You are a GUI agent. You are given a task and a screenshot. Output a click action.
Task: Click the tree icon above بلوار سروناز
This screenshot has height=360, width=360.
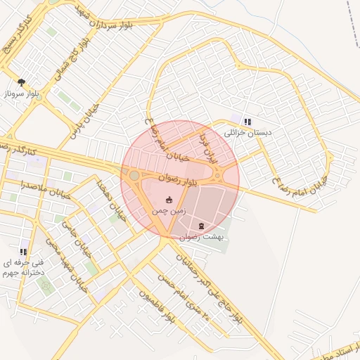22,82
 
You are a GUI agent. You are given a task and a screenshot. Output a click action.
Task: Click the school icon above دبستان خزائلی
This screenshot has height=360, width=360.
247,121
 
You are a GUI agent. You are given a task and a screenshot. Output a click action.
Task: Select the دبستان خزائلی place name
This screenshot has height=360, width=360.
247,131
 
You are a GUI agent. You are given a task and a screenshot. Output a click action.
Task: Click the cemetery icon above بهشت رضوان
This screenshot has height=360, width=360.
202,226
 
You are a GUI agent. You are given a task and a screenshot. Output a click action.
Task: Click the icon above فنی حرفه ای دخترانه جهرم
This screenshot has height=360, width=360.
23,252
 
